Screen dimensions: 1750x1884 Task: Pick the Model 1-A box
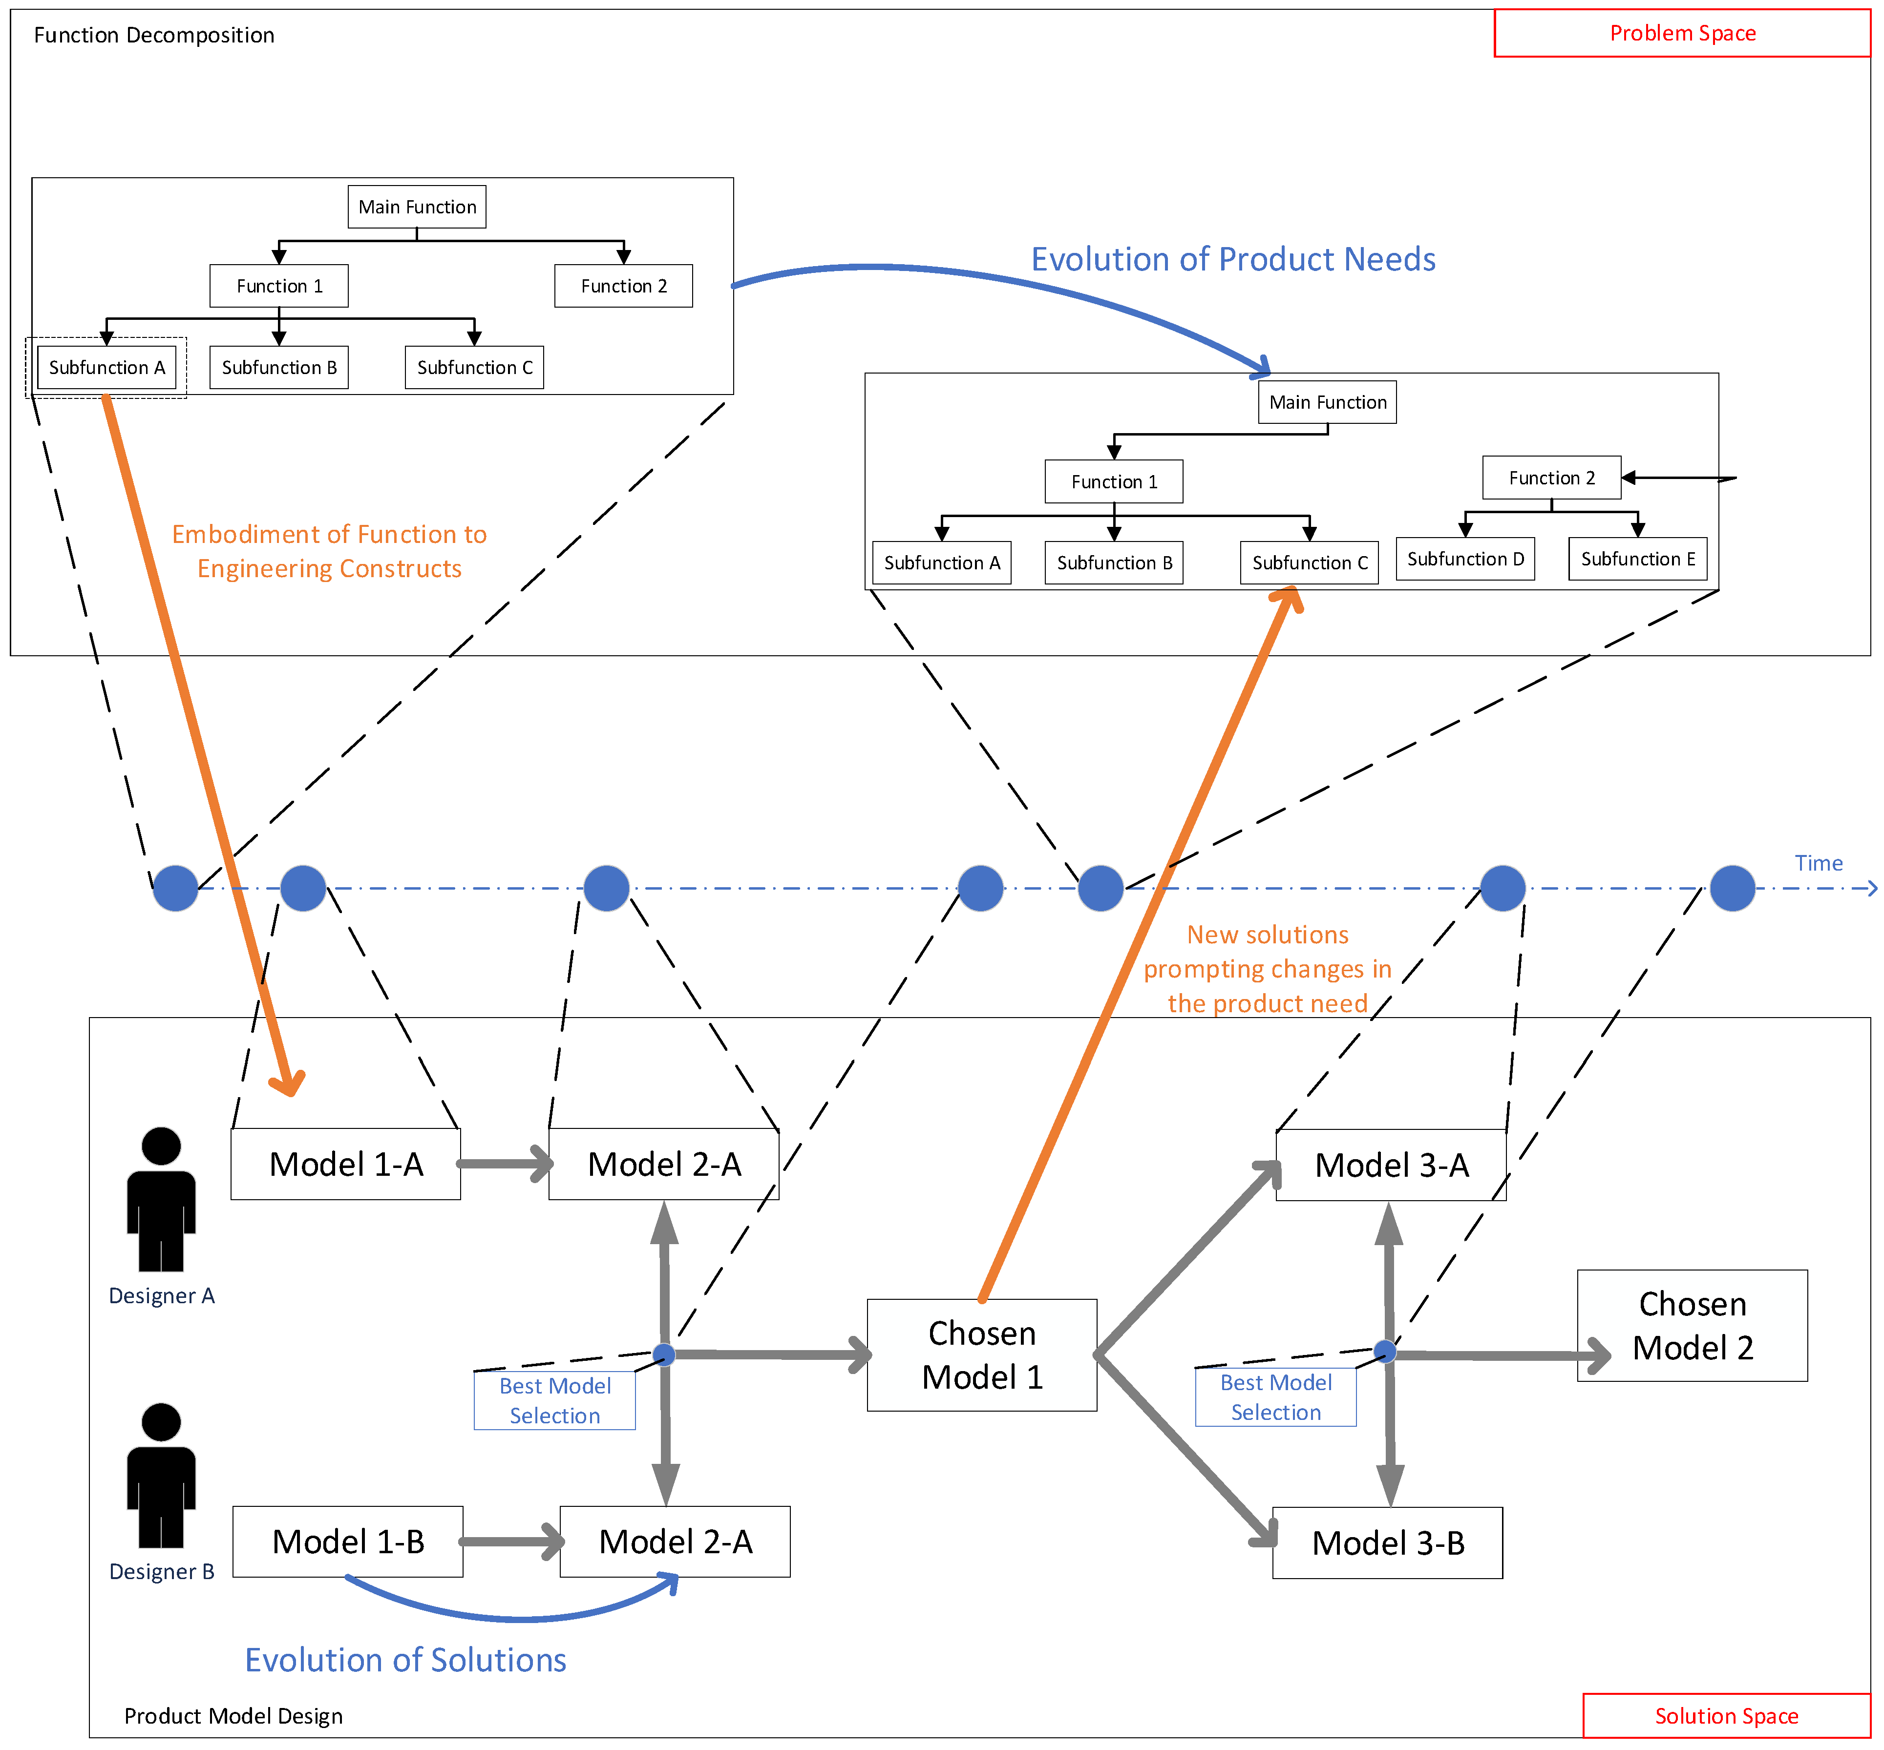click(x=346, y=1164)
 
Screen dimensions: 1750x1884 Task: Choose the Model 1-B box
click(x=348, y=1542)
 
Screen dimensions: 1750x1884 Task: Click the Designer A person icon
click(x=161, y=1198)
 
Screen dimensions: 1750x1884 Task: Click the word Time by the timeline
click(x=1818, y=863)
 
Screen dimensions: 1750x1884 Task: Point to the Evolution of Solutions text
click(x=405, y=1660)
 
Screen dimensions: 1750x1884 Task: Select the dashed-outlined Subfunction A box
click(x=106, y=367)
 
